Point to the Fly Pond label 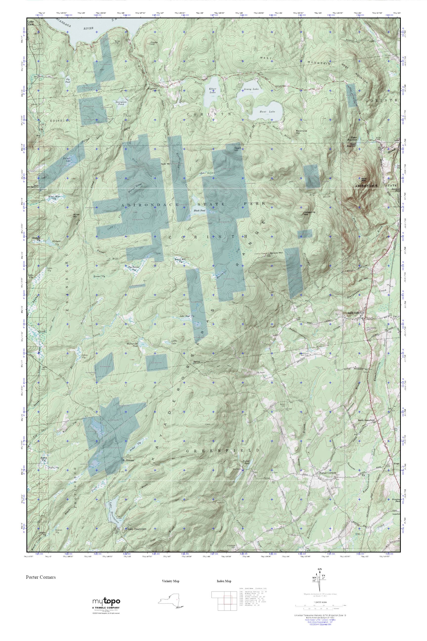tap(67, 80)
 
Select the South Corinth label tap(354, 313)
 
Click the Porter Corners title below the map tap(41, 577)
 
